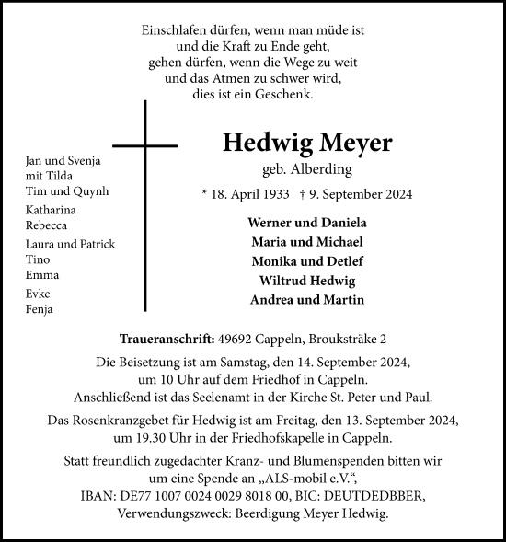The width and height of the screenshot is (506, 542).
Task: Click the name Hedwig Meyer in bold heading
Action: (307, 144)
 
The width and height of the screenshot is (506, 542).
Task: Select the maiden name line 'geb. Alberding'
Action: (307, 170)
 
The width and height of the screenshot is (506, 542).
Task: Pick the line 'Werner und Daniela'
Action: (307, 223)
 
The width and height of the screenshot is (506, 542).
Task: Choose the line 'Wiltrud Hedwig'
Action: (307, 281)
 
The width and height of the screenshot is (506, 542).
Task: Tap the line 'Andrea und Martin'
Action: (307, 300)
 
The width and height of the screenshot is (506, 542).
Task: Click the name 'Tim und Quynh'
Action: (67, 191)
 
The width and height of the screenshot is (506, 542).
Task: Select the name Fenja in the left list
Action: (40, 309)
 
